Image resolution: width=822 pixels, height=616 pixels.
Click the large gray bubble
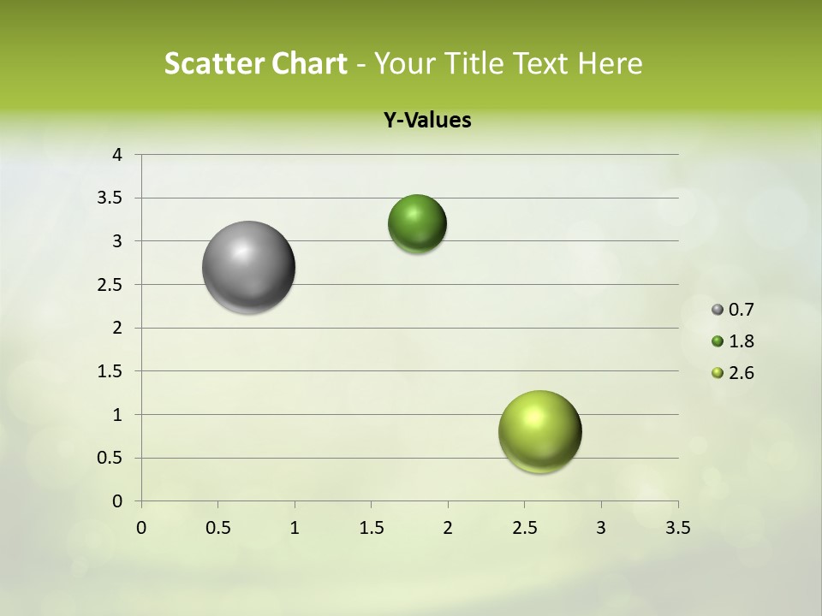tap(248, 267)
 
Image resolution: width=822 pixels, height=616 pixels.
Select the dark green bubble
tap(417, 223)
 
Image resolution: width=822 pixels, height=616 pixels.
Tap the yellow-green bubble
tap(539, 431)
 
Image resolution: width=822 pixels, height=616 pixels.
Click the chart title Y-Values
tap(427, 121)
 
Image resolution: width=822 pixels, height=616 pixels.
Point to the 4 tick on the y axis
tap(117, 155)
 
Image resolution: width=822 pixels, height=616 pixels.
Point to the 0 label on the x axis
tap(141, 528)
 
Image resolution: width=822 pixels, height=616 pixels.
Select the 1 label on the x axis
tap(295, 528)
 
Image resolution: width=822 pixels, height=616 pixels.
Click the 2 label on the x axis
tap(448, 528)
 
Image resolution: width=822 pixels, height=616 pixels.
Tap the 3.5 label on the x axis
tap(678, 528)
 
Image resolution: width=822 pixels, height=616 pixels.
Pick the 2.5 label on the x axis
tap(524, 528)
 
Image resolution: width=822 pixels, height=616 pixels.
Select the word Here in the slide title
tap(610, 63)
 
